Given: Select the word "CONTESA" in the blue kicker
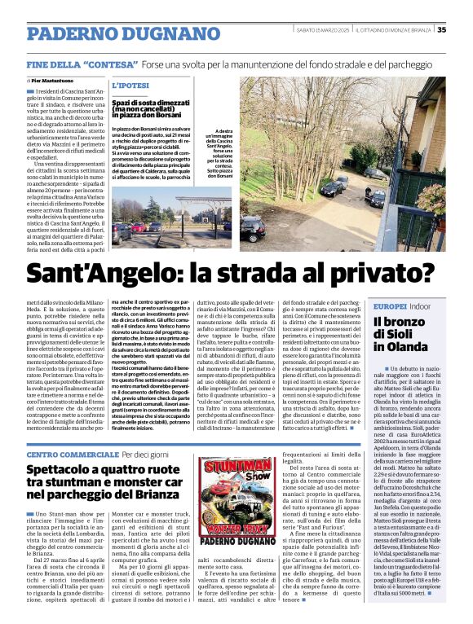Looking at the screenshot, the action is point(109,63).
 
